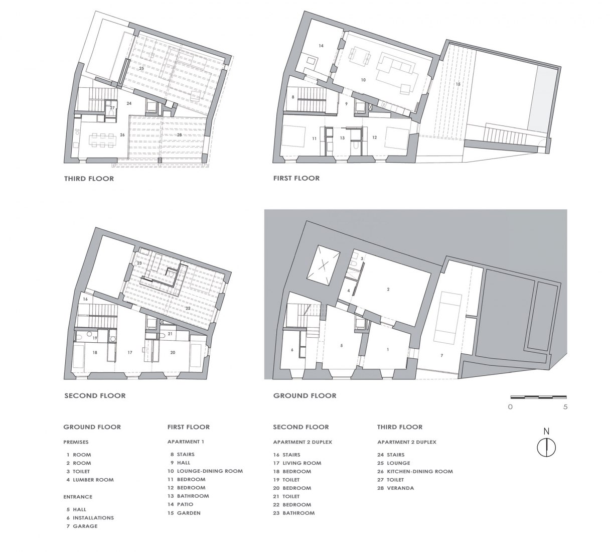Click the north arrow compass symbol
pyautogui.click(x=546, y=447)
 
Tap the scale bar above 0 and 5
pyautogui.click(x=538, y=397)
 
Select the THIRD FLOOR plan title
pyautogui.click(x=89, y=179)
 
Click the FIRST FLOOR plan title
pyautogui.click(x=296, y=178)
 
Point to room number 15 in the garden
pyautogui.click(x=458, y=84)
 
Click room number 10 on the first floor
pyautogui.click(x=363, y=80)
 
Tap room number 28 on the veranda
pyautogui.click(x=179, y=135)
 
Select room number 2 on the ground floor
pyautogui.click(x=388, y=290)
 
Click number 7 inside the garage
pyautogui.click(x=442, y=355)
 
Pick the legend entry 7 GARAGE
pyautogui.click(x=82, y=526)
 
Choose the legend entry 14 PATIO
pyautogui.click(x=182, y=504)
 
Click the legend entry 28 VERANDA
pyautogui.click(x=396, y=488)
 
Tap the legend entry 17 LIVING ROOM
pyautogui.click(x=297, y=463)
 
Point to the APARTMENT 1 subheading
pyautogui.click(x=186, y=442)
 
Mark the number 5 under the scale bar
pyautogui.click(x=565, y=407)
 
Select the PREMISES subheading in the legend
pyautogui.click(x=76, y=442)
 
